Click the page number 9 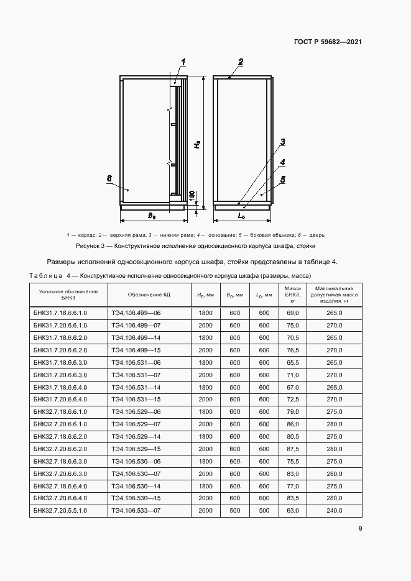point(360,529)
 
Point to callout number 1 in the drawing point(185,61)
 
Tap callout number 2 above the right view point(241,61)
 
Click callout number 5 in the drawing point(283,180)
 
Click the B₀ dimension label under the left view point(151,215)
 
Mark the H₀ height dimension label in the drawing point(196,144)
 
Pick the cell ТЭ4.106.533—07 point(136,510)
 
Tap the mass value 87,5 point(293,449)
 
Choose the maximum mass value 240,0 point(335,510)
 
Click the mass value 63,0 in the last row point(293,510)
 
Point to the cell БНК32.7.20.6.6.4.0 point(60,498)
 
